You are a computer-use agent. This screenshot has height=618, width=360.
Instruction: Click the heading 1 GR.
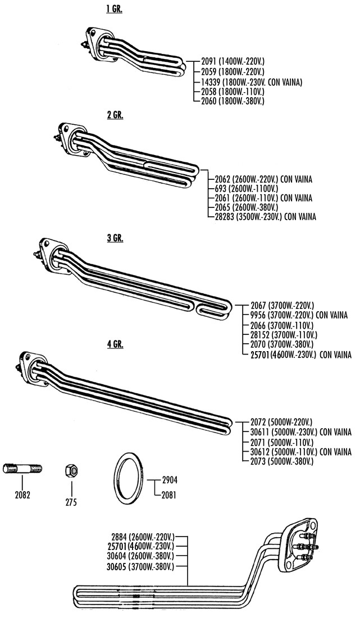click(114, 10)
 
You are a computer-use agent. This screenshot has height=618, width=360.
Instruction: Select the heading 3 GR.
click(115, 238)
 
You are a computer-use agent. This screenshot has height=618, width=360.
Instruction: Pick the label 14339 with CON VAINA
click(251, 82)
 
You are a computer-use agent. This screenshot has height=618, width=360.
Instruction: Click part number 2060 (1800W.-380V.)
click(233, 101)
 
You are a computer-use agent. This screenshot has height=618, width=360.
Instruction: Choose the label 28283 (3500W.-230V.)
click(262, 216)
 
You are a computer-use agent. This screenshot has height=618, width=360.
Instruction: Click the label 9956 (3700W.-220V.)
click(299, 315)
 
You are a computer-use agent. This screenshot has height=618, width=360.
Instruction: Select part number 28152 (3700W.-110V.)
click(284, 335)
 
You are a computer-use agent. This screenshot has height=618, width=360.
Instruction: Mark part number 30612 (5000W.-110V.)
click(301, 451)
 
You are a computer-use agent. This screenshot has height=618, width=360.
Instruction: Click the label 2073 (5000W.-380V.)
click(282, 461)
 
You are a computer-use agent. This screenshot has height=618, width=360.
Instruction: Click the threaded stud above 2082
click(22, 469)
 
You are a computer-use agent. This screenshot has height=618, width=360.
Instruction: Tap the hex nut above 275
click(72, 470)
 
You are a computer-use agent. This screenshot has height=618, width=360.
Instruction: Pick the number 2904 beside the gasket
click(170, 480)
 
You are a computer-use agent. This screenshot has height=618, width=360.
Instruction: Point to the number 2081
click(169, 494)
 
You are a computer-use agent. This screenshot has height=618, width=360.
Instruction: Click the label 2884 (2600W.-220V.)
click(143, 537)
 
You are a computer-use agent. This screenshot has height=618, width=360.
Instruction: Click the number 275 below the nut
click(71, 502)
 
